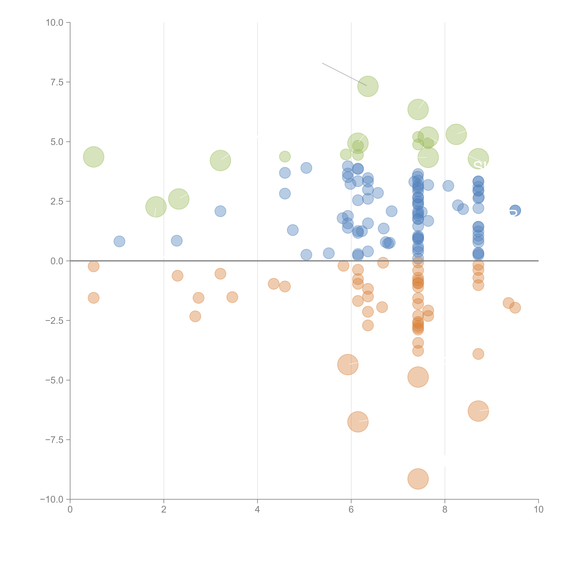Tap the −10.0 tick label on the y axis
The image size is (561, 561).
52,499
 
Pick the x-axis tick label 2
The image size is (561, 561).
164,510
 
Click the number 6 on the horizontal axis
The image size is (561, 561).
351,510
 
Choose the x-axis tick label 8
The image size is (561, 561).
445,510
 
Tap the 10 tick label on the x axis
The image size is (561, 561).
538,510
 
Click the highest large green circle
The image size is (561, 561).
368,86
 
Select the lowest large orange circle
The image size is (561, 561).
418,479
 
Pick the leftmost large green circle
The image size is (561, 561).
93,157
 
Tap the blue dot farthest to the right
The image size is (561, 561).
515,210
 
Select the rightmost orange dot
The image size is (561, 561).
515,308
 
